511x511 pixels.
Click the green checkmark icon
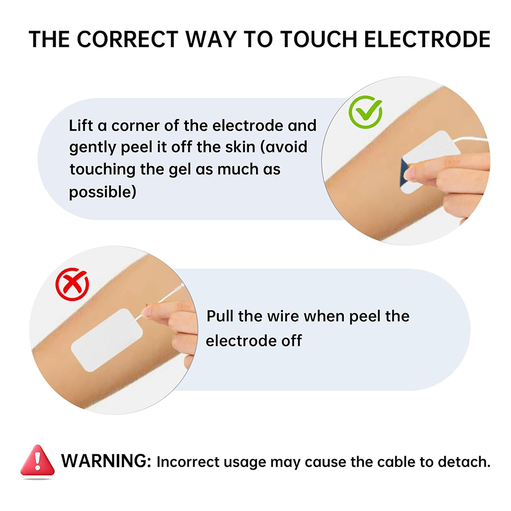click(x=365, y=112)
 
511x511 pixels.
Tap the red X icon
click(x=72, y=284)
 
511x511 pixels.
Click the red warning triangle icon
click(x=37, y=460)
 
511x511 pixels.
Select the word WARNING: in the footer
click(x=106, y=461)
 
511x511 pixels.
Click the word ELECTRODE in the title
click(x=427, y=39)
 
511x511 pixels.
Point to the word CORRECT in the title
click(x=127, y=39)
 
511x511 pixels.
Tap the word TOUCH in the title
click(x=318, y=39)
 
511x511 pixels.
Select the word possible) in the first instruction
click(x=102, y=192)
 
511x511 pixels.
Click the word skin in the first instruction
click(x=240, y=147)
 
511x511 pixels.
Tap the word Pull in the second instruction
click(x=220, y=316)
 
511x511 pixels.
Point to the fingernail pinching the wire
click(x=147, y=312)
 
